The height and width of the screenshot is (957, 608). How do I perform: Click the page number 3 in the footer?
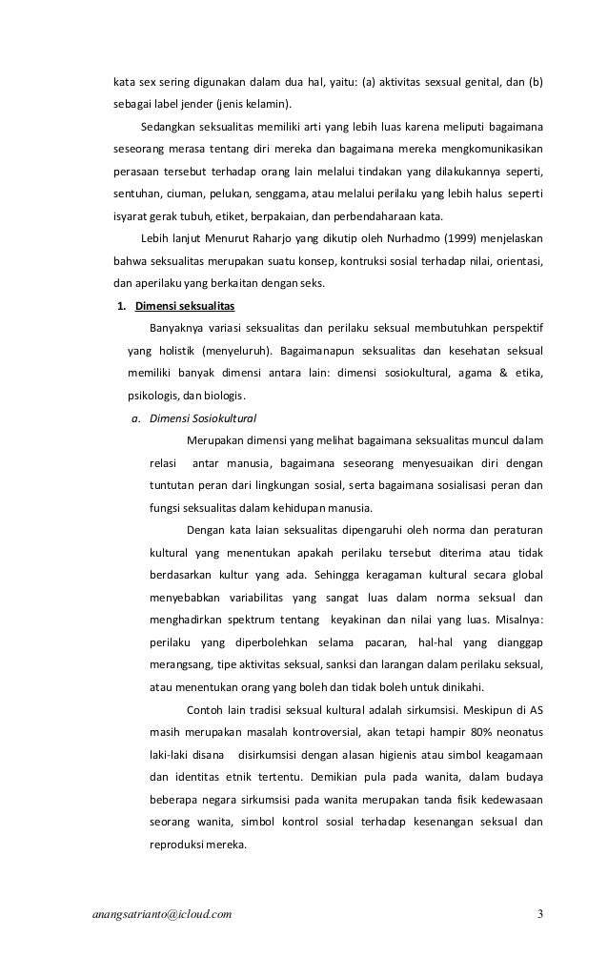click(539, 917)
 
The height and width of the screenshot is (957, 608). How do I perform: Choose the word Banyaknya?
click(163, 329)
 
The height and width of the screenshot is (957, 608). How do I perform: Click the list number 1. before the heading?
click(121, 306)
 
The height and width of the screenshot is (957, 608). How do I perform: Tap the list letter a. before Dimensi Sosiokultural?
click(137, 417)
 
